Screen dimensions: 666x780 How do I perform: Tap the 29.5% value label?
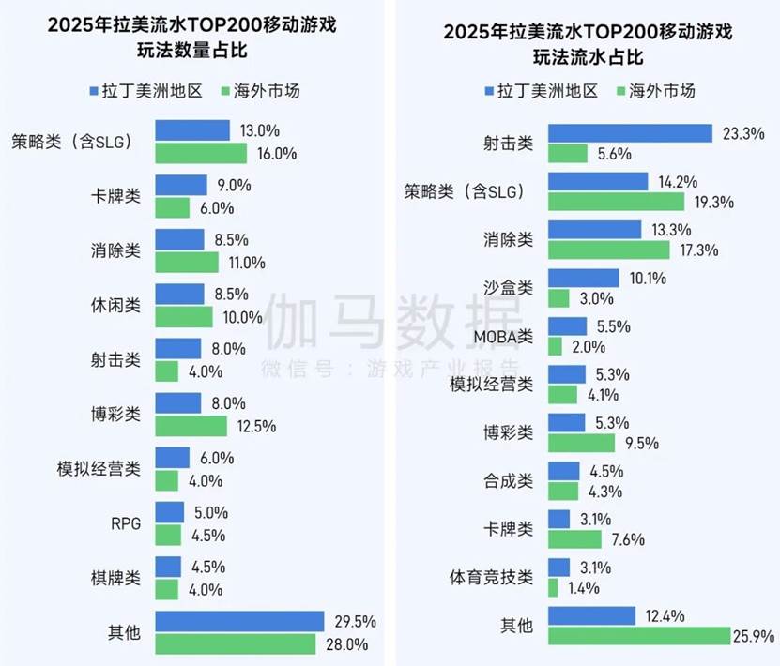tap(349, 621)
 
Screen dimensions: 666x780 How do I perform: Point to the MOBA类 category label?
tap(502, 335)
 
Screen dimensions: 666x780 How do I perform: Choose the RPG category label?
tap(127, 523)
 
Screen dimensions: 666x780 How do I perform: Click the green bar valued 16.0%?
tap(201, 153)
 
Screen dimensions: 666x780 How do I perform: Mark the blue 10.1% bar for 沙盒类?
tap(583, 278)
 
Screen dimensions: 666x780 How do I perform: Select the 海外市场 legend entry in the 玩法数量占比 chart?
tap(257, 91)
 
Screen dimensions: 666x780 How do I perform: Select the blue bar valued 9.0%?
tap(181, 185)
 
